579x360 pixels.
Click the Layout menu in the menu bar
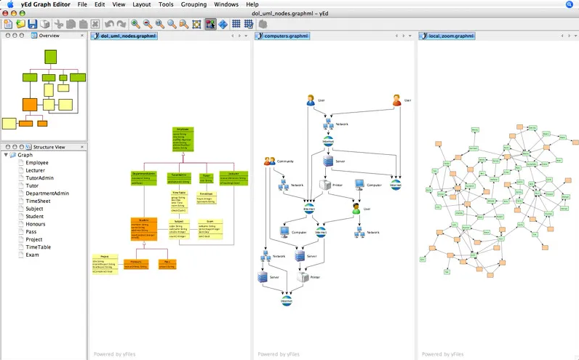click(x=141, y=4)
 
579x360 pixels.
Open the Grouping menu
click(x=193, y=4)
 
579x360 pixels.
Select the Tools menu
click(x=166, y=4)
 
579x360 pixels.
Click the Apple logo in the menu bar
click(x=9, y=4)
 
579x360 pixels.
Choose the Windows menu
click(x=226, y=4)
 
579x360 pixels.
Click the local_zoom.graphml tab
click(x=451, y=36)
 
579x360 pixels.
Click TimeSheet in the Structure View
click(x=39, y=201)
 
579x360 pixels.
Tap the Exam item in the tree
click(x=33, y=255)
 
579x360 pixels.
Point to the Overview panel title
click(x=49, y=36)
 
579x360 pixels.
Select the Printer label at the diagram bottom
click(x=315, y=277)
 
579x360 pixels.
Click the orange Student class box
click(x=144, y=228)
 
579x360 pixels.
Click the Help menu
click(x=252, y=4)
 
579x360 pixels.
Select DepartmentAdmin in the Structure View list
click(x=47, y=193)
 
